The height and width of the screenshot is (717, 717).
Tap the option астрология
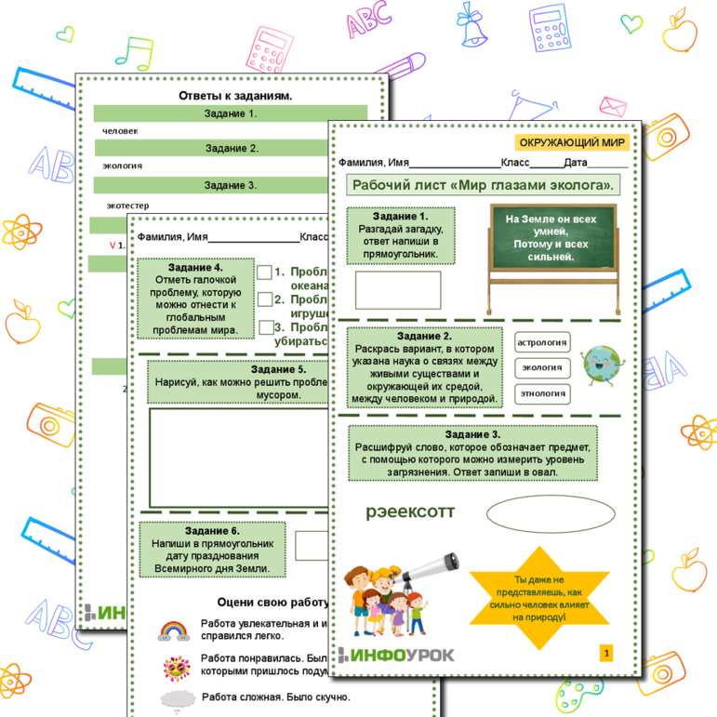541,342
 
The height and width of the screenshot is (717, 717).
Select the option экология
541,367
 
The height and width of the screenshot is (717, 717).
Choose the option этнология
541,393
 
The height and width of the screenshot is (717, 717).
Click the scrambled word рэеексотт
410,511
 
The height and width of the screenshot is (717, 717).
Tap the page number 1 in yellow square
606,654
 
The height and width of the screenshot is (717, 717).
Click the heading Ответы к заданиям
234,96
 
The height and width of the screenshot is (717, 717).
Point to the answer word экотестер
129,205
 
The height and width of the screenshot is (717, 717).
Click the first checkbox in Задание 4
265,272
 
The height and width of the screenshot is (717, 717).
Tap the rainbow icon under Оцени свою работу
172,631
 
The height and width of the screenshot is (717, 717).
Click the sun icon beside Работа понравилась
174,666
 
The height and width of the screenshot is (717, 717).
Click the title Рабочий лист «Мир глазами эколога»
482,184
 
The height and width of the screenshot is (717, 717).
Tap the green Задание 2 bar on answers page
232,148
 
